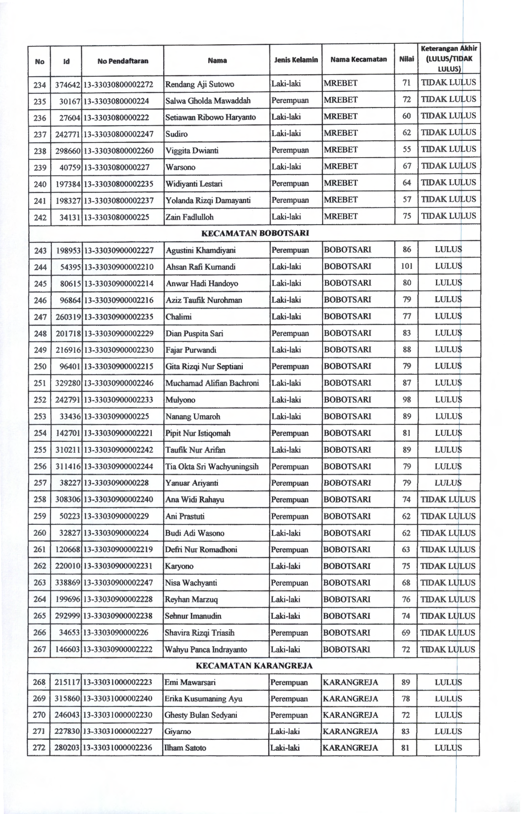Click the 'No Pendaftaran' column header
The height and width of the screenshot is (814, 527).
click(123, 61)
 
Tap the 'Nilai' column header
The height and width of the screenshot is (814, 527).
click(406, 59)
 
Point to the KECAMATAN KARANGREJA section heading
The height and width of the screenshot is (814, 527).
click(255, 666)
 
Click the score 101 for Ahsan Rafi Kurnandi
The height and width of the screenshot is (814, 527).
click(406, 266)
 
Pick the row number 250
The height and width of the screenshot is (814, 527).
click(40, 366)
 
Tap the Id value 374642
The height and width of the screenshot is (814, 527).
click(68, 84)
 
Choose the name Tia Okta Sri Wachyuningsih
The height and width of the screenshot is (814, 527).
click(212, 466)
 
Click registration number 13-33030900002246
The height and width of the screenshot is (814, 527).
click(118, 383)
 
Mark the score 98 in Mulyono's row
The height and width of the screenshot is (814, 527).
click(406, 399)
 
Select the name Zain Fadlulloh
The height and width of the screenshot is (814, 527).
click(190, 217)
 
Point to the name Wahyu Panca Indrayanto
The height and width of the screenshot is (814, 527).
click(206, 649)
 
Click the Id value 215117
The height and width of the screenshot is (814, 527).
click(67, 682)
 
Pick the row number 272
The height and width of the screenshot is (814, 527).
click(39, 748)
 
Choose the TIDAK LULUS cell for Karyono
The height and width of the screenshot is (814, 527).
click(448, 566)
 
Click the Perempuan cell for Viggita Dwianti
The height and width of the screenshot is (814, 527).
click(290, 150)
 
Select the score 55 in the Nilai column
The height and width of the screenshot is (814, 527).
click(406, 150)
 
